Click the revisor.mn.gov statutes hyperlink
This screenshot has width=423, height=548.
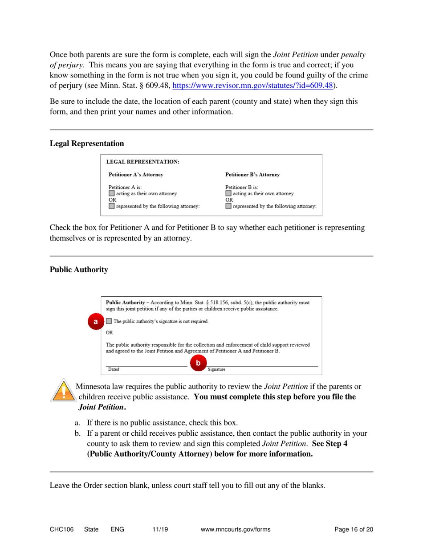click(x=253, y=86)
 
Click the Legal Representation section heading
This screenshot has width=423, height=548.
click(x=87, y=143)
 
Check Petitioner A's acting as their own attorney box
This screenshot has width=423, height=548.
click(x=112, y=193)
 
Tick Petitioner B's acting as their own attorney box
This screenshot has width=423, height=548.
click(x=228, y=193)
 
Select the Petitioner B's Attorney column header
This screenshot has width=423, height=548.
click(x=253, y=174)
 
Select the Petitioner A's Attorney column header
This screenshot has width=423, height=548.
click(x=136, y=174)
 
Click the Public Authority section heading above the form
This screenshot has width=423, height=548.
click(x=79, y=270)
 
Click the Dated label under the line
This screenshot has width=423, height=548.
click(x=114, y=369)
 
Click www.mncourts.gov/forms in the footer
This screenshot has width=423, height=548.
click(x=236, y=529)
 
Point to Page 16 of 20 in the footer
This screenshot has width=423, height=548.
click(x=354, y=529)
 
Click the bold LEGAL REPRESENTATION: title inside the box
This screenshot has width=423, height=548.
click(x=143, y=162)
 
